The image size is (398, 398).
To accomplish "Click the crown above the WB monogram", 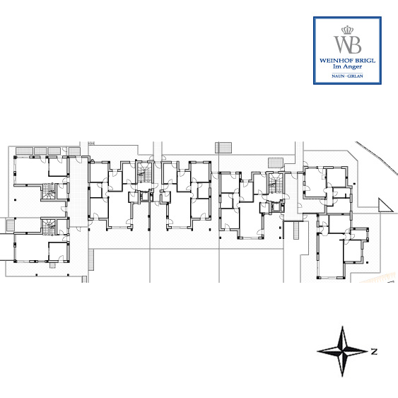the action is (347, 30).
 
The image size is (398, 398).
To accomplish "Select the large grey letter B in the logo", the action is (355, 45).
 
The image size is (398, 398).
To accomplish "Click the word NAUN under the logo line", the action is (337, 76).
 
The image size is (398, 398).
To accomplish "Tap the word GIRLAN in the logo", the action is (355, 76).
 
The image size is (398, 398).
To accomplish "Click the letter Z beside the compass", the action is (374, 352).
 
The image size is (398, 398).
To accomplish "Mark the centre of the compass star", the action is (343, 351).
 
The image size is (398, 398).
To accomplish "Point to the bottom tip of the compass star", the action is (343, 376).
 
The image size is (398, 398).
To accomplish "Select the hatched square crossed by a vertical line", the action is (223, 148).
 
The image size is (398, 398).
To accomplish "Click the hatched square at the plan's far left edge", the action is (10, 225).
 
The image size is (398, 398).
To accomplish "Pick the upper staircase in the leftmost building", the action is (49, 191).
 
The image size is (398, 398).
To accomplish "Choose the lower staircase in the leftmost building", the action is (49, 227).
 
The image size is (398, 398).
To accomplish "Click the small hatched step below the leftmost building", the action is (52, 266).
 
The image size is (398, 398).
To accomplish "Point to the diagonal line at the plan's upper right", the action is (376, 158).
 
